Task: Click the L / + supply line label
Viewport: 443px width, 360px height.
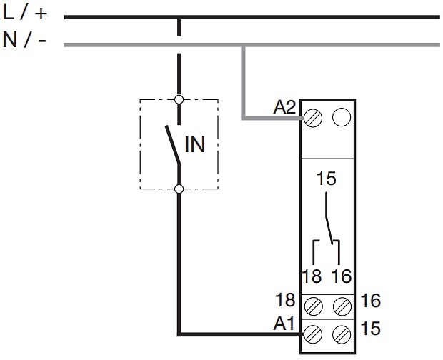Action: tap(24, 13)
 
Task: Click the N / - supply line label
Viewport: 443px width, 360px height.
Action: tap(24, 40)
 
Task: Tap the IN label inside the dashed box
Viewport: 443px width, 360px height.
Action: tap(194, 144)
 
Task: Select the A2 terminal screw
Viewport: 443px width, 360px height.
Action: tap(313, 118)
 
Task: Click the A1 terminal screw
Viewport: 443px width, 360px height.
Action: tap(313, 334)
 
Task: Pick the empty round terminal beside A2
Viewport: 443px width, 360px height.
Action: tap(342, 117)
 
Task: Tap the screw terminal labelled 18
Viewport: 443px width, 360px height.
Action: tap(314, 306)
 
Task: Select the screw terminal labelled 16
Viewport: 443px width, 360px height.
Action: tap(342, 306)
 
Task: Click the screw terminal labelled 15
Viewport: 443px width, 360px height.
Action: tap(342, 334)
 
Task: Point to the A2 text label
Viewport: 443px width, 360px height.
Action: tap(284, 107)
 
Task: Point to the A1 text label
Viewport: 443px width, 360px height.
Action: tap(284, 324)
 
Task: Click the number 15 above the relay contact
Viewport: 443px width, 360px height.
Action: tap(327, 179)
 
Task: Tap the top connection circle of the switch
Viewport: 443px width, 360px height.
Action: tap(179, 100)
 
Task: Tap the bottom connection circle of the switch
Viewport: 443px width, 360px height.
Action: tap(179, 189)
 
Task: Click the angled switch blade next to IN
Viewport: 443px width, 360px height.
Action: tap(173, 144)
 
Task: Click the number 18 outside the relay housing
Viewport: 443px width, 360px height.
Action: tap(285, 300)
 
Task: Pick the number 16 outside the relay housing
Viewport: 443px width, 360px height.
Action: tap(371, 300)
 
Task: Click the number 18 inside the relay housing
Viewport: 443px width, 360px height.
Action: tap(312, 276)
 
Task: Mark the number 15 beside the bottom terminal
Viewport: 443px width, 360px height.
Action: tap(370, 328)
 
